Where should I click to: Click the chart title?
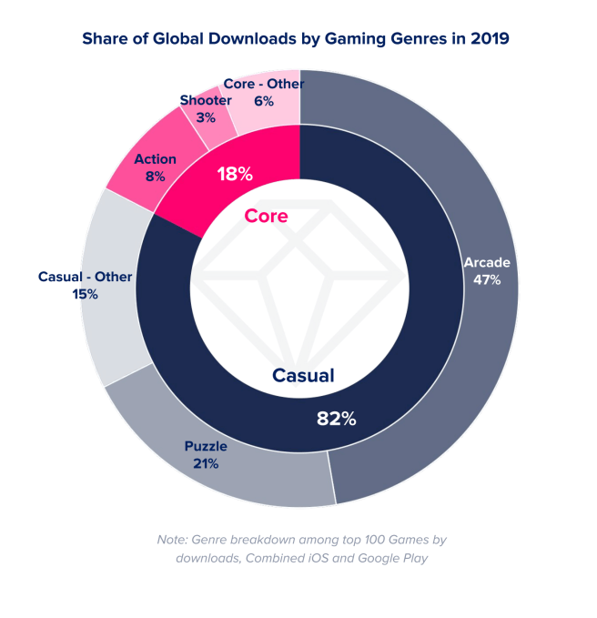[x=296, y=39]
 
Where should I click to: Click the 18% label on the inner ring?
[x=234, y=173]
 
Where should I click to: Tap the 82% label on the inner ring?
[x=336, y=419]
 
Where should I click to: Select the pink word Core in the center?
[x=266, y=216]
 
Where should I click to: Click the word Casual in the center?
[x=303, y=375]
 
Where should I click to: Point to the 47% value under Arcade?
[x=487, y=279]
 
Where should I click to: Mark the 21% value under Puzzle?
[x=206, y=463]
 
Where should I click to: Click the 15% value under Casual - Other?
[x=86, y=294]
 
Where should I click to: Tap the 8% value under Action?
[x=155, y=177]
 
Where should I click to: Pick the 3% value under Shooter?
[x=205, y=117]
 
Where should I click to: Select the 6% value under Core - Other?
[x=264, y=102]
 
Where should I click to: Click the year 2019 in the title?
[x=490, y=39]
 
